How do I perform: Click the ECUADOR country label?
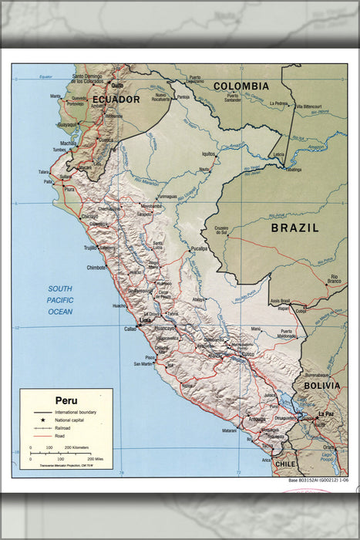click(116, 100)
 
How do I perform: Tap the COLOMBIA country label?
click(241, 86)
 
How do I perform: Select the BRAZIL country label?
click(294, 228)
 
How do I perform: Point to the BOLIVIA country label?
click(321, 385)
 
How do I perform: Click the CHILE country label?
click(286, 464)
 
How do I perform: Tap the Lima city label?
click(143, 319)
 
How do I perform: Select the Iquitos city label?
click(207, 154)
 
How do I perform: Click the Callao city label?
click(130, 329)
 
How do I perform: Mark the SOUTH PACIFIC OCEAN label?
click(60, 300)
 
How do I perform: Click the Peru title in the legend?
click(66, 400)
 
